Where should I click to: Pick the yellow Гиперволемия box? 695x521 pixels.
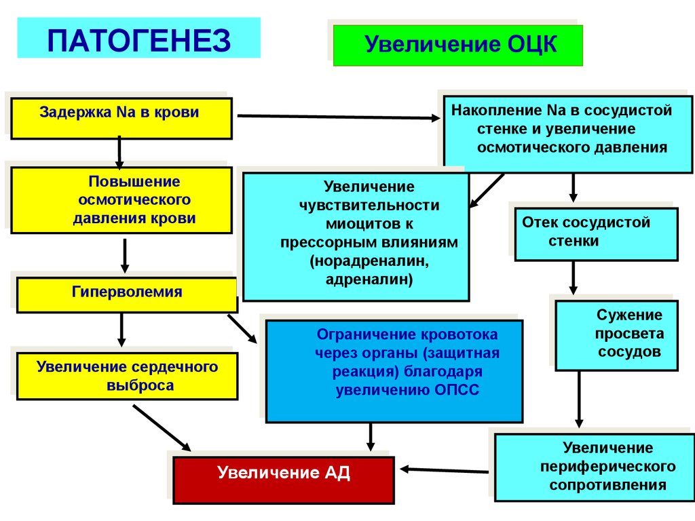point(127,294)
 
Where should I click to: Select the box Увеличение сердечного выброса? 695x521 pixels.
point(127,375)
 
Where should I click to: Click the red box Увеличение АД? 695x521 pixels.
point(284,480)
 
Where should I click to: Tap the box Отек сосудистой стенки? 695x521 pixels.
point(596,234)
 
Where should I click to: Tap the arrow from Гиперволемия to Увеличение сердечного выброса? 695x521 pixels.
point(121,328)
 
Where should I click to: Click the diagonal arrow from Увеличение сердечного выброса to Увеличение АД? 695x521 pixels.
point(161,427)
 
